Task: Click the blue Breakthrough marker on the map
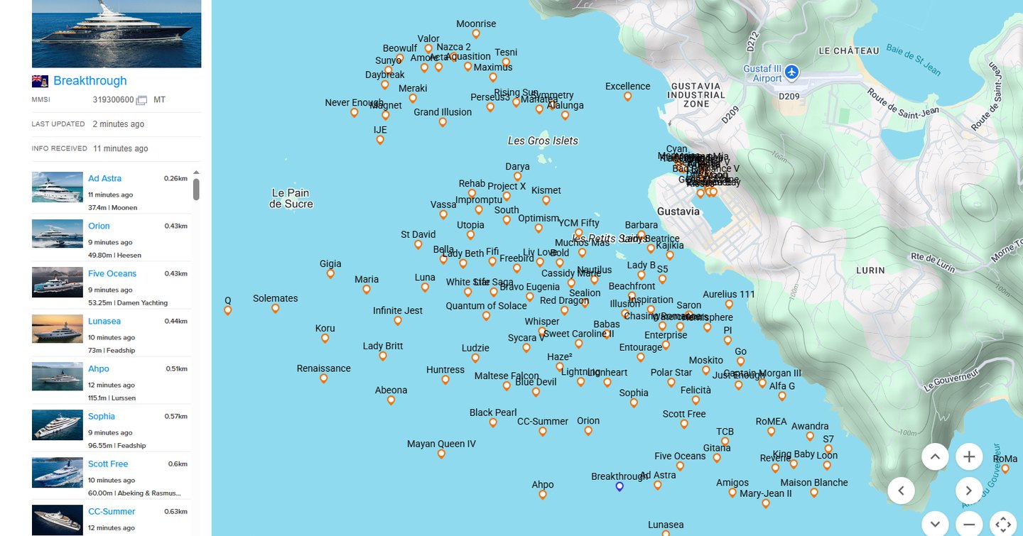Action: (619, 486)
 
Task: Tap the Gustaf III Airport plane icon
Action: (791, 72)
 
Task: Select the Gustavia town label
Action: (678, 212)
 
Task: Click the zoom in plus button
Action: (969, 456)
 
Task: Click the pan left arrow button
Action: (901, 490)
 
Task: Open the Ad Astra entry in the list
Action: (104, 179)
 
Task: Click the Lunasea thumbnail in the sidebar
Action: (58, 329)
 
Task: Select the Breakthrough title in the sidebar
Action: (90, 81)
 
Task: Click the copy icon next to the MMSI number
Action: (141, 101)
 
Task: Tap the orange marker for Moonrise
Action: (476, 34)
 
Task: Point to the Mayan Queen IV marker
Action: (441, 454)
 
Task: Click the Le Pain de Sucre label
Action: (291, 198)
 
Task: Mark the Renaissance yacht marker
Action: (324, 378)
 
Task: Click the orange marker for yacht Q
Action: (228, 310)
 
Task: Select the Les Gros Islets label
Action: (543, 141)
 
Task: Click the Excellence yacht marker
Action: (627, 97)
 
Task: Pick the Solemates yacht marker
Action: (276, 308)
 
